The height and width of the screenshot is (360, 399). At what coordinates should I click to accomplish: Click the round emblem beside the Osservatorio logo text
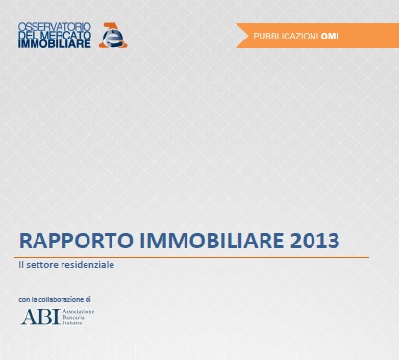pos(113,35)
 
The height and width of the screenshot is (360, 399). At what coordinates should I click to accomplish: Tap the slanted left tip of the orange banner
pos(241,37)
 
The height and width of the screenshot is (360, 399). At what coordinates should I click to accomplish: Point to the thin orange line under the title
pos(192,257)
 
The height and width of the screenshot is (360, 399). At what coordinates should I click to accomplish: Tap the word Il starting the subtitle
pos(22,265)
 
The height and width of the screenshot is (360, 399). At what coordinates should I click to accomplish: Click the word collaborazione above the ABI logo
pos(60,300)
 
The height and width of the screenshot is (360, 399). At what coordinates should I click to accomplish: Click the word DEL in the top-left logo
pos(30,34)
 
